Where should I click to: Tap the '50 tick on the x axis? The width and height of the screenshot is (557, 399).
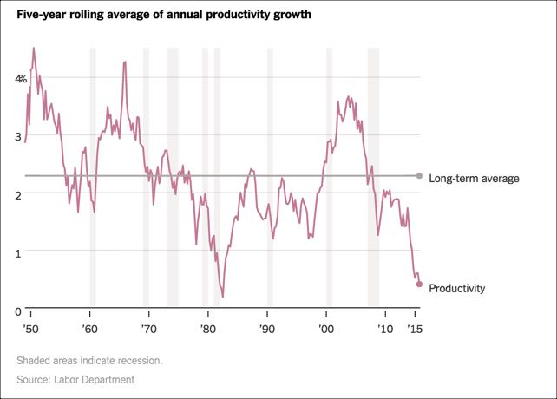tap(31, 330)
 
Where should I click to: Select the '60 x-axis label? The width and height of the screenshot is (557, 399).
tap(89, 330)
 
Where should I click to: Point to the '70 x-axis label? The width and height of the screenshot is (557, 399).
tap(148, 330)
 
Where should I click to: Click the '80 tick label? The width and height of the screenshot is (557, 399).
tap(207, 330)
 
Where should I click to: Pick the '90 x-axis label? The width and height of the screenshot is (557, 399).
tap(266, 330)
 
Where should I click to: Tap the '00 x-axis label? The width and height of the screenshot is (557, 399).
tap(325, 330)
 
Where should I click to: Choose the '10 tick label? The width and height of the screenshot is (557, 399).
tap(383, 330)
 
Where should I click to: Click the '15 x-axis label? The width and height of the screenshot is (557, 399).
tap(415, 330)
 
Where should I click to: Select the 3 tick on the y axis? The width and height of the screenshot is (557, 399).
tap(18, 136)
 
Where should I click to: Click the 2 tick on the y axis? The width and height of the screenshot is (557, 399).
tap(18, 194)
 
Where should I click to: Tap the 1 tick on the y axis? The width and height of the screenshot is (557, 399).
tap(18, 252)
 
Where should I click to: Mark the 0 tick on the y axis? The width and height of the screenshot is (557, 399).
tap(18, 311)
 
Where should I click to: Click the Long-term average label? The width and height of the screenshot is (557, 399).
tap(474, 179)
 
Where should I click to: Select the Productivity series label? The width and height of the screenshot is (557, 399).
tap(456, 288)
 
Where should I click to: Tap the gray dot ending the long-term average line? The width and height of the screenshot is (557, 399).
tap(419, 176)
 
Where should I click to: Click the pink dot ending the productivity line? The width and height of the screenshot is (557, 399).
tap(419, 284)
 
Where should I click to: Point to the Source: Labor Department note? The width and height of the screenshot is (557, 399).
tap(75, 380)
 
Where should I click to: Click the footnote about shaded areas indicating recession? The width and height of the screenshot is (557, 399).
tap(88, 360)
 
